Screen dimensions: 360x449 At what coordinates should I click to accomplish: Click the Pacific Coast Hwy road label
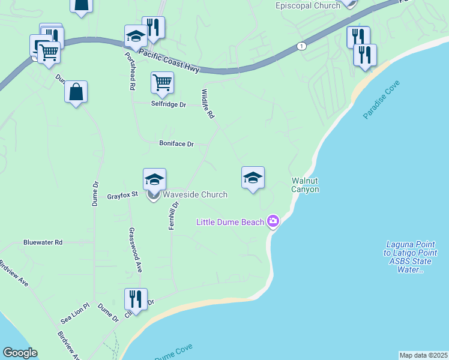coord(169,61)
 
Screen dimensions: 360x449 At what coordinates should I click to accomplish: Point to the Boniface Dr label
coord(176,144)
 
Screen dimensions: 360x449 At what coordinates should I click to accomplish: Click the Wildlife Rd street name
coord(208,104)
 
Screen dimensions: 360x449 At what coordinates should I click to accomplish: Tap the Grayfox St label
coord(122,195)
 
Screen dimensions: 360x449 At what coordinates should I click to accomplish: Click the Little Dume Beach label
coord(231,223)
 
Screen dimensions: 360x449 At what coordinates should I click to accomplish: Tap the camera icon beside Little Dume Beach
coord(274,221)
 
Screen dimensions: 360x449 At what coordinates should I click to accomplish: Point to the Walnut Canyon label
coord(305,185)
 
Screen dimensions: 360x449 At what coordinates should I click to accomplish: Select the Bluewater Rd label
coord(43,242)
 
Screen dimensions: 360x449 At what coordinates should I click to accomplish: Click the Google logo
coord(20,353)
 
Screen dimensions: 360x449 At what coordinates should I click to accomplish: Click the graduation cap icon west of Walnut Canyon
coord(253,178)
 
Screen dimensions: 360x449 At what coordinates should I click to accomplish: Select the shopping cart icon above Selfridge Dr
coord(162,83)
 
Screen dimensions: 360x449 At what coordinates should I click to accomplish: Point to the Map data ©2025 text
coord(423,355)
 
